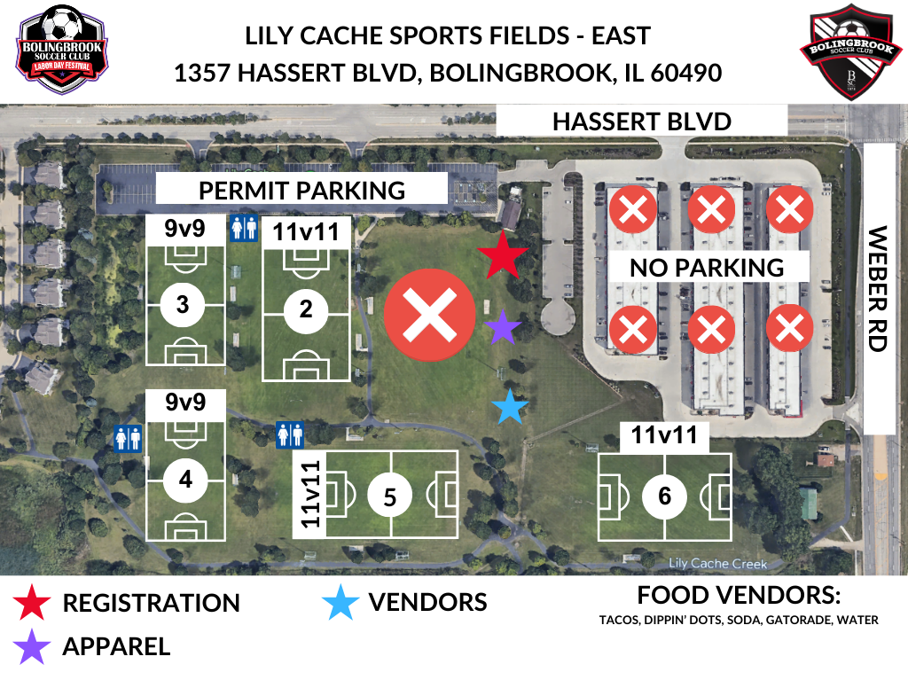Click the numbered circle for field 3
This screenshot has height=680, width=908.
(184, 305)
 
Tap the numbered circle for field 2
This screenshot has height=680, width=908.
(307, 309)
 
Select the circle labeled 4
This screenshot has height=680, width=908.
(185, 480)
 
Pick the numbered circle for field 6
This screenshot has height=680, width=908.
(665, 496)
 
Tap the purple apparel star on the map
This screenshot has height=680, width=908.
(503, 328)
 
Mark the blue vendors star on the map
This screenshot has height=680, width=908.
(510, 408)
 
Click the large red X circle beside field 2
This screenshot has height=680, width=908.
(429, 317)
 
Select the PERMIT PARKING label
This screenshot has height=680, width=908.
(301, 190)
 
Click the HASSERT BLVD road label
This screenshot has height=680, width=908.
(641, 121)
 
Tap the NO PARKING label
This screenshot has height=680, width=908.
(708, 267)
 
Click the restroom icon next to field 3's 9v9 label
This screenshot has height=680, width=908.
(242, 229)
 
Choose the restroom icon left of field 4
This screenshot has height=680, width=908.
(129, 438)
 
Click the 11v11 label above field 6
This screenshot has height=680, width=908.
(670, 435)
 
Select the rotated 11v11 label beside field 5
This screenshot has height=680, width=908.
(309, 494)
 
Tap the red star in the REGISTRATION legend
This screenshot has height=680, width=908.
(31, 603)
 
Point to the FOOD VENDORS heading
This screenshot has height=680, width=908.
(738, 595)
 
